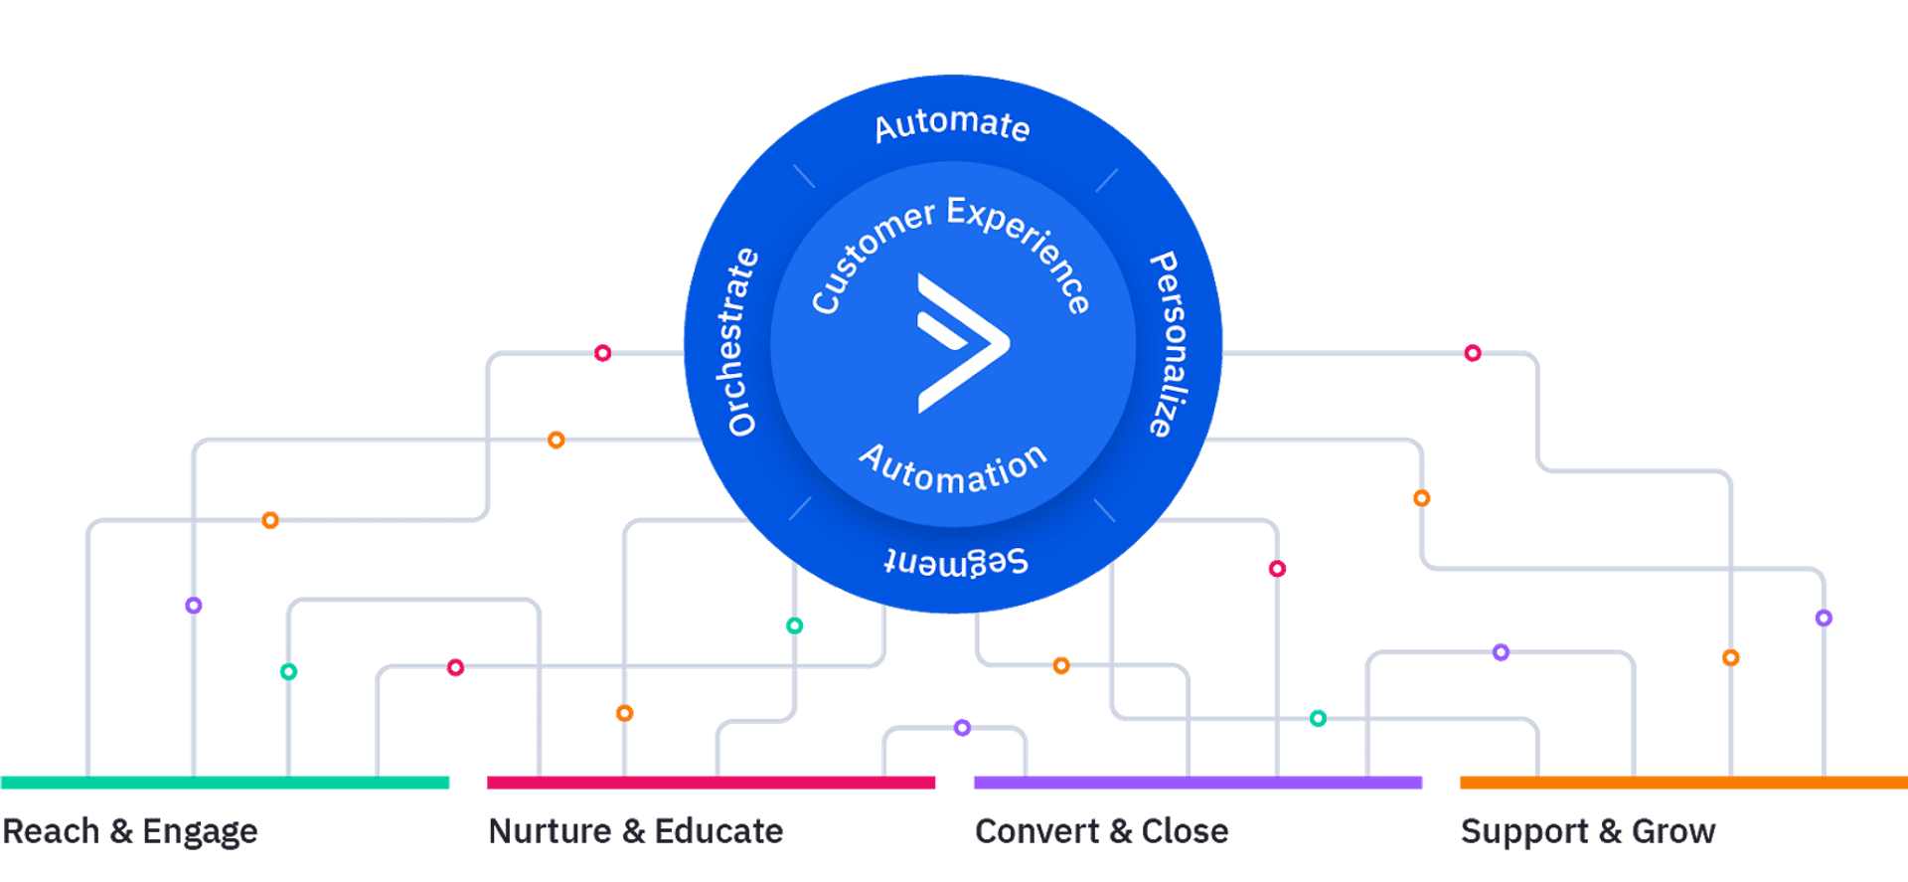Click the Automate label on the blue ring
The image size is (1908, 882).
coord(952,126)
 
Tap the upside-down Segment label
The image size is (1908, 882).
coord(956,562)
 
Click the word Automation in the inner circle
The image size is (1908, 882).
coord(953,469)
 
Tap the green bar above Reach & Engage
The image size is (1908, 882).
coord(226,783)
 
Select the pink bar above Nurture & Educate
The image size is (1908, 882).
coord(711,783)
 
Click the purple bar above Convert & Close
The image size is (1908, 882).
coord(1197,783)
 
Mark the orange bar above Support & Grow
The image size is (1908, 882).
coord(1682,783)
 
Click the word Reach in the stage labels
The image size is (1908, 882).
coord(52,830)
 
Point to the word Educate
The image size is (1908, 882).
coord(718,830)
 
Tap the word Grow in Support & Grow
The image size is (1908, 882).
coord(1673,830)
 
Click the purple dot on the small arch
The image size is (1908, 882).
coord(962,728)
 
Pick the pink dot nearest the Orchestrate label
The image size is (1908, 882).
coord(602,353)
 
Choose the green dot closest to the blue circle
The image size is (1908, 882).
coord(795,625)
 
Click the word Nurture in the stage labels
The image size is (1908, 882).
coord(550,830)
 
